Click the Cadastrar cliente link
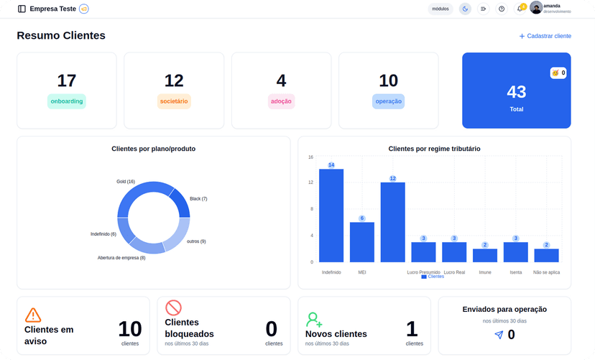pyautogui.click(x=545, y=36)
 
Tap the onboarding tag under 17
pyautogui.click(x=67, y=101)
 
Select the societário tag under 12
pyautogui.click(x=174, y=101)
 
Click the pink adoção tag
pyautogui.click(x=281, y=101)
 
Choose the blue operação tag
pyautogui.click(x=389, y=101)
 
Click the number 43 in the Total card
pyautogui.click(x=516, y=92)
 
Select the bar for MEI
pyautogui.click(x=362, y=242)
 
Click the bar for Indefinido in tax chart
pyautogui.click(x=331, y=216)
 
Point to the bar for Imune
pyautogui.click(x=485, y=255)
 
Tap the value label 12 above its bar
pyautogui.click(x=393, y=178)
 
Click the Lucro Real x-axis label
pyautogui.click(x=454, y=272)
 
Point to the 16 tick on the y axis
pyautogui.click(x=310, y=157)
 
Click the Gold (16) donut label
pyautogui.click(x=126, y=182)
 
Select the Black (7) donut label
pyautogui.click(x=198, y=198)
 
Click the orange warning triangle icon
pyautogui.click(x=33, y=315)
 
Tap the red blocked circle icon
pyautogui.click(x=173, y=308)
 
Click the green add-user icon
pyautogui.click(x=314, y=319)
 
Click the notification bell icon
pyautogui.click(x=520, y=9)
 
